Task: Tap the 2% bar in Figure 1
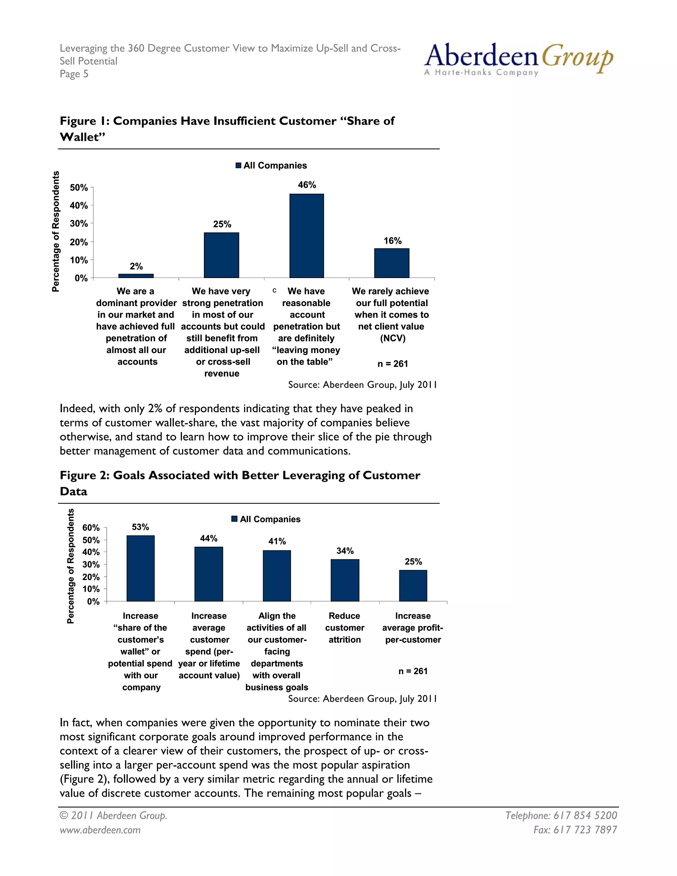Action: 136,276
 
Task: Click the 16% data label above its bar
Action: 392,241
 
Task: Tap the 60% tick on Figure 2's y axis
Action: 91,528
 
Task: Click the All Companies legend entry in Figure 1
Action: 271,165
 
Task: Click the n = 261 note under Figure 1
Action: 392,364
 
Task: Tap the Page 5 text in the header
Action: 74,74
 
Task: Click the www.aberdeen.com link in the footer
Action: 100,830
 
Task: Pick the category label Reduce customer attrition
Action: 344,628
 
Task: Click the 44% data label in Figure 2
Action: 209,538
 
